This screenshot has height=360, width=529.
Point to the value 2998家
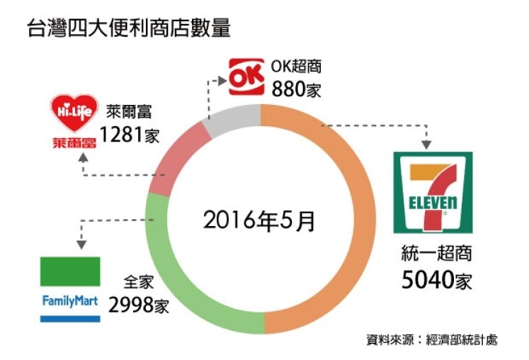coord(139,305)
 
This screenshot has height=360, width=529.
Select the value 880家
coord(296,89)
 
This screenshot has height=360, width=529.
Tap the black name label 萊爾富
coord(129,112)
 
